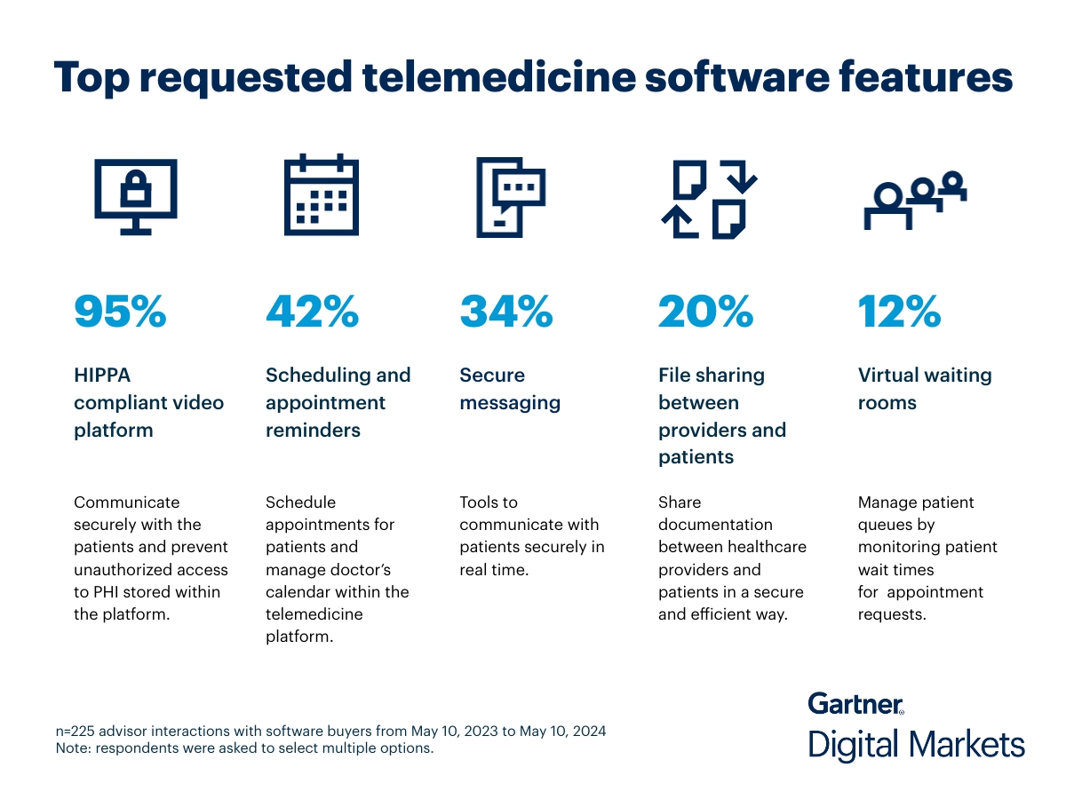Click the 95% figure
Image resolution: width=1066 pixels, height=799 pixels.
pos(120,311)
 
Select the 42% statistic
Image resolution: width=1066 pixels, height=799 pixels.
pos(313,311)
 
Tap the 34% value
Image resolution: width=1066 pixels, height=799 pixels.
pos(506,311)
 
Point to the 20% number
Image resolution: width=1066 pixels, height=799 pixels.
pos(705,311)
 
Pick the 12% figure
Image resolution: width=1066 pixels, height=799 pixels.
pos(899,311)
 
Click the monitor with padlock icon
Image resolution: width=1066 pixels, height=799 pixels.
pos(136,195)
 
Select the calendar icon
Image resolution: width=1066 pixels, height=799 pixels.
pos(322,195)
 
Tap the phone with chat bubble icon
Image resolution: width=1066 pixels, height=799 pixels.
pos(510,196)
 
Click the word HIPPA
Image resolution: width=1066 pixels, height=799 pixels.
pos(102,376)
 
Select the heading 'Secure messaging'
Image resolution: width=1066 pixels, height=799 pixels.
pos(510,389)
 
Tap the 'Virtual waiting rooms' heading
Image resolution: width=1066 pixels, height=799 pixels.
pos(924,389)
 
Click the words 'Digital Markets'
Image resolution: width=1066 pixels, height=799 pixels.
pos(916,744)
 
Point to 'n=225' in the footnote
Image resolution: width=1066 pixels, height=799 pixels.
pos(76,732)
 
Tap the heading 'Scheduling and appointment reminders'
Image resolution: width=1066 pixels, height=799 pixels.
pos(338,402)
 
